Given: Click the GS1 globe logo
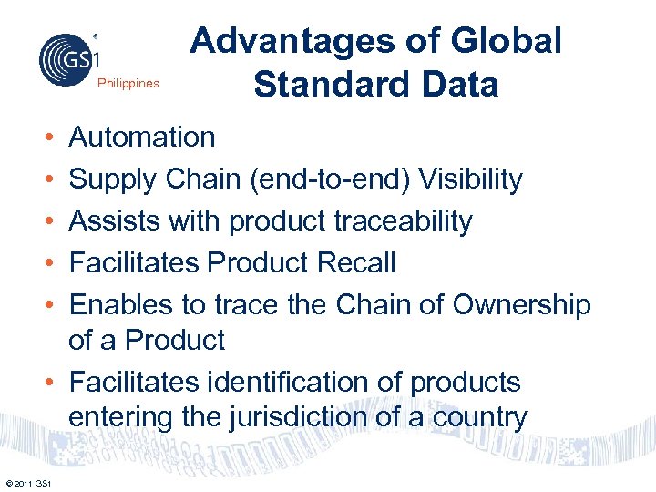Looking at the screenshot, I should coord(69,58).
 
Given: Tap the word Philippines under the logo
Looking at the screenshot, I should coord(128,84).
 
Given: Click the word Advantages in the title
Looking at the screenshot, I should coord(295,41).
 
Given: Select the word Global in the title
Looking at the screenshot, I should coord(506,41).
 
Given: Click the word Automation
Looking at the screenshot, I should coord(142,138).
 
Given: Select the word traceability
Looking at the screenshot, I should coord(395,221).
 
